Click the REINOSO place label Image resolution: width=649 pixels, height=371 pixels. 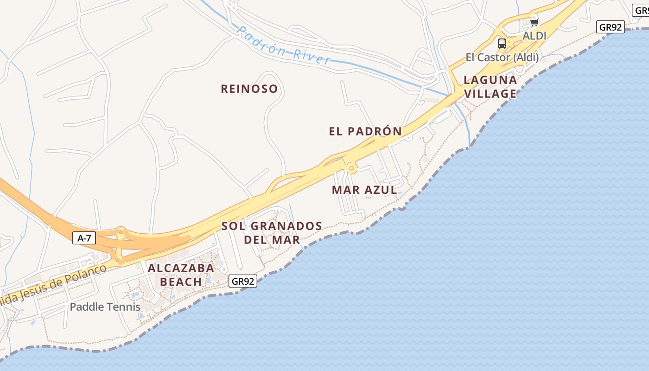(x=249, y=89)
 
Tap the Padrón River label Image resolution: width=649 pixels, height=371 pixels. (x=284, y=45)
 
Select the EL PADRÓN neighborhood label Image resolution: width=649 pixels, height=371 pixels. (x=365, y=131)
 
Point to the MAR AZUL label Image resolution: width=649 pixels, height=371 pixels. (x=364, y=190)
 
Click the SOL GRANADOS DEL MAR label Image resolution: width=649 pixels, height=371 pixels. (x=272, y=233)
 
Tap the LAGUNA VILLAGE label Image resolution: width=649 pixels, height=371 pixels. (x=490, y=87)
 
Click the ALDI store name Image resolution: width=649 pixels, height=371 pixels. (x=534, y=36)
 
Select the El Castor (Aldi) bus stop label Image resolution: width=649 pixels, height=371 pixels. (x=502, y=58)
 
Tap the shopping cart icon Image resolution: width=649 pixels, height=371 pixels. (x=534, y=22)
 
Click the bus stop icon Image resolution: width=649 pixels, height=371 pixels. (x=502, y=44)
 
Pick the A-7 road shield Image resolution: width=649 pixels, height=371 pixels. (x=84, y=238)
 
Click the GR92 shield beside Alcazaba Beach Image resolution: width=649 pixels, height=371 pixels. (x=242, y=281)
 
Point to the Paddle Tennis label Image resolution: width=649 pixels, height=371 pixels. (x=105, y=307)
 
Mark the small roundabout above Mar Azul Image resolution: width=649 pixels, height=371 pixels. (x=351, y=168)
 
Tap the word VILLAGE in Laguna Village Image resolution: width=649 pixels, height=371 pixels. (x=490, y=94)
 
